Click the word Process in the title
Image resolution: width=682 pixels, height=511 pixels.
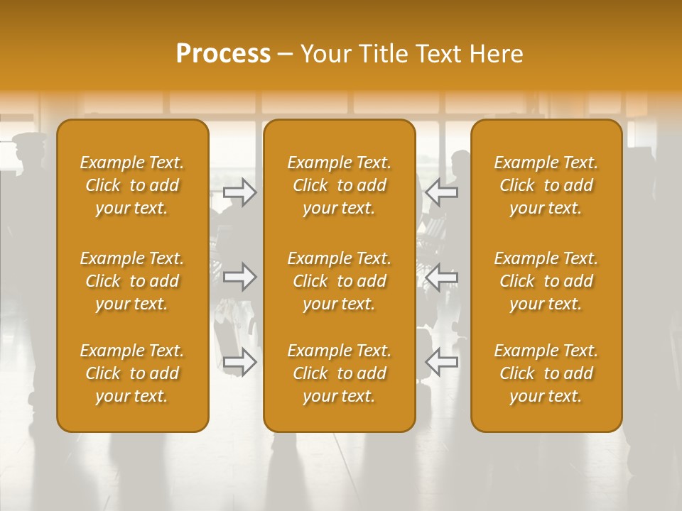click(223, 54)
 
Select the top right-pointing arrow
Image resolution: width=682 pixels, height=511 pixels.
click(240, 192)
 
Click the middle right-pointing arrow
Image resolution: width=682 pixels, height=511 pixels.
click(240, 277)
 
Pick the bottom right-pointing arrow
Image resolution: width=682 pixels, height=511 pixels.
click(240, 362)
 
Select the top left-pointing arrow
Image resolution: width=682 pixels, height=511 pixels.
click(441, 192)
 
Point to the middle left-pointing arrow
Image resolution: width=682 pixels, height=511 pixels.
click(441, 277)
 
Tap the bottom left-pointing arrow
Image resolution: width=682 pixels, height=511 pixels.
click(441, 362)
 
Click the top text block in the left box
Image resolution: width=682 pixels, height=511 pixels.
click(132, 185)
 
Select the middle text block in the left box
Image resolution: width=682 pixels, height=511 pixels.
click(132, 281)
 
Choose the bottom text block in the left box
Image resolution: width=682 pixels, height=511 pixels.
click(132, 373)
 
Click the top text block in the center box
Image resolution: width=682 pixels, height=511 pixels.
click(339, 185)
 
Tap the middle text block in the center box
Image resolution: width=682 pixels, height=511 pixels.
click(339, 281)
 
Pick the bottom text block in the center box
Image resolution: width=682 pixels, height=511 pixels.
click(339, 373)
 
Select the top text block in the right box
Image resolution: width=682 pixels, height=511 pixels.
click(546, 185)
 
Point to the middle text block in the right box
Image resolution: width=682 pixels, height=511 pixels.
click(546, 281)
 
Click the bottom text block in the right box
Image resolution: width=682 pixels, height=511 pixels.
click(546, 373)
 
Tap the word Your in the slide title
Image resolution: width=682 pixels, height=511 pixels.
click(323, 54)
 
